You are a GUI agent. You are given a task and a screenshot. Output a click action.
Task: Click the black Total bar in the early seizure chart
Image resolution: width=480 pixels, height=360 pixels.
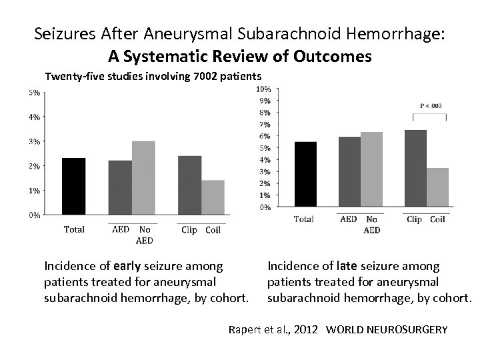pyautogui.click(x=73, y=186)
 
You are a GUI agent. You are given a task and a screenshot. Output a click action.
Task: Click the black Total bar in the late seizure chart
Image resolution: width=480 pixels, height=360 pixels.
pyautogui.click(x=305, y=174)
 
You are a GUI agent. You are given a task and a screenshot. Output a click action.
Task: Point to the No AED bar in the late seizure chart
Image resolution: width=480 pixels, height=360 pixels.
pyautogui.click(x=371, y=169)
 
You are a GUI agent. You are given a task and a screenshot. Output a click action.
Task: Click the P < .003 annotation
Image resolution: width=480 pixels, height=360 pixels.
pyautogui.click(x=430, y=105)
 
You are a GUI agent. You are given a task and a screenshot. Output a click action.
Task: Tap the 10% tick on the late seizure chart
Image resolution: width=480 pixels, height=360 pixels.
pyautogui.click(x=263, y=89)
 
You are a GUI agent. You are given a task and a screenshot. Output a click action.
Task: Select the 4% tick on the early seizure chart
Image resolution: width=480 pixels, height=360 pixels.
pyautogui.click(x=33, y=117)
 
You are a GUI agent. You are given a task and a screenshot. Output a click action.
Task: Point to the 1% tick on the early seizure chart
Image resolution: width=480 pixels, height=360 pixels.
pyautogui.click(x=33, y=190)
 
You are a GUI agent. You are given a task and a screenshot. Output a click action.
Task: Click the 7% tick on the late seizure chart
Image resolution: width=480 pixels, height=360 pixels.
pyautogui.click(x=265, y=125)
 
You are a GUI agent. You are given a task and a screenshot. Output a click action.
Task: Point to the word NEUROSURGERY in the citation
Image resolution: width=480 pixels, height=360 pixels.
pyautogui.click(x=413, y=329)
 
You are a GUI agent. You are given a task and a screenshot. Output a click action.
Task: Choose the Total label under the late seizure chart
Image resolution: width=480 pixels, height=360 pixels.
pyautogui.click(x=303, y=219)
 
